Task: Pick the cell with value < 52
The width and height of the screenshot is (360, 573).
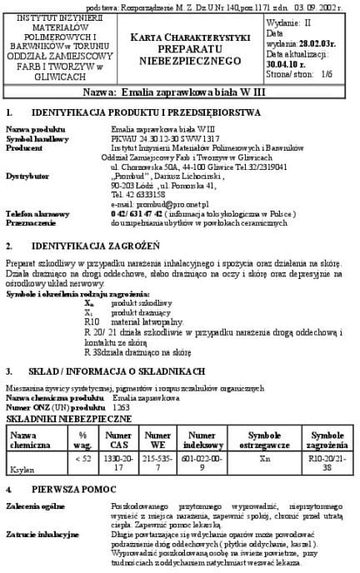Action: [x=82, y=458]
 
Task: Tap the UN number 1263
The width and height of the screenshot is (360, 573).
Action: [x=122, y=408]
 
